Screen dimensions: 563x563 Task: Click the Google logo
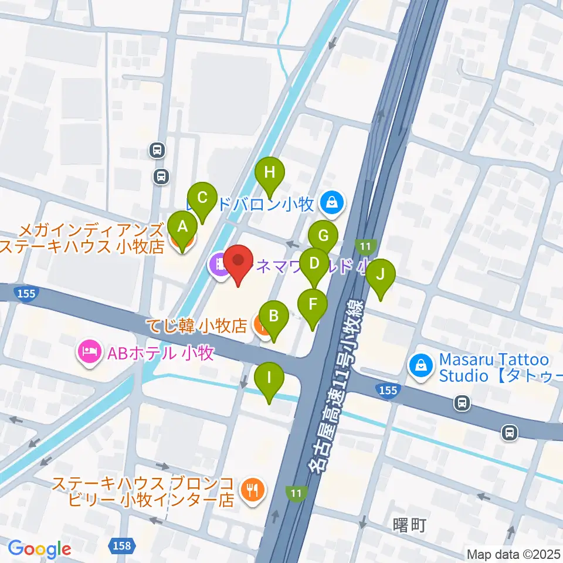click(x=39, y=548)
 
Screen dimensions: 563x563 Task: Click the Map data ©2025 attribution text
click(x=513, y=554)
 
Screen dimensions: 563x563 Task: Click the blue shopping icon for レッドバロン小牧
click(x=333, y=204)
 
